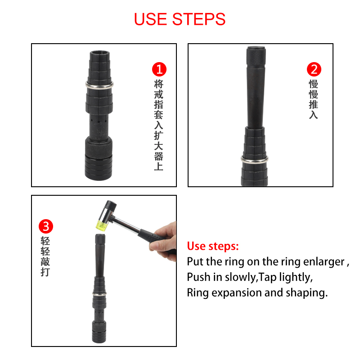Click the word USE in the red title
(150, 19)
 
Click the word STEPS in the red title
(199, 19)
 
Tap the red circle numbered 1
(159, 69)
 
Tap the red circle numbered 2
(314, 69)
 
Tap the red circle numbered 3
(46, 226)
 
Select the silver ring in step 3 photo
(99, 293)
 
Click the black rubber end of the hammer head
(110, 205)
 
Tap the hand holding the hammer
(164, 241)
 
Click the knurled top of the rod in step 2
(256, 56)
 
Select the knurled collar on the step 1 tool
(99, 147)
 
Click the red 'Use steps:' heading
(213, 246)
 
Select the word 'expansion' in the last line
(237, 293)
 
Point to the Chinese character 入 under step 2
(313, 115)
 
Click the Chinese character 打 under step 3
(45, 272)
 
